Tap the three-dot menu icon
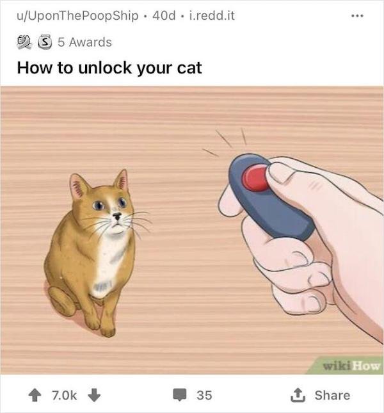[x=364, y=14]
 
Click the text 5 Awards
[x=84, y=42]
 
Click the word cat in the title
[x=188, y=67]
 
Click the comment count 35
[x=204, y=394]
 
